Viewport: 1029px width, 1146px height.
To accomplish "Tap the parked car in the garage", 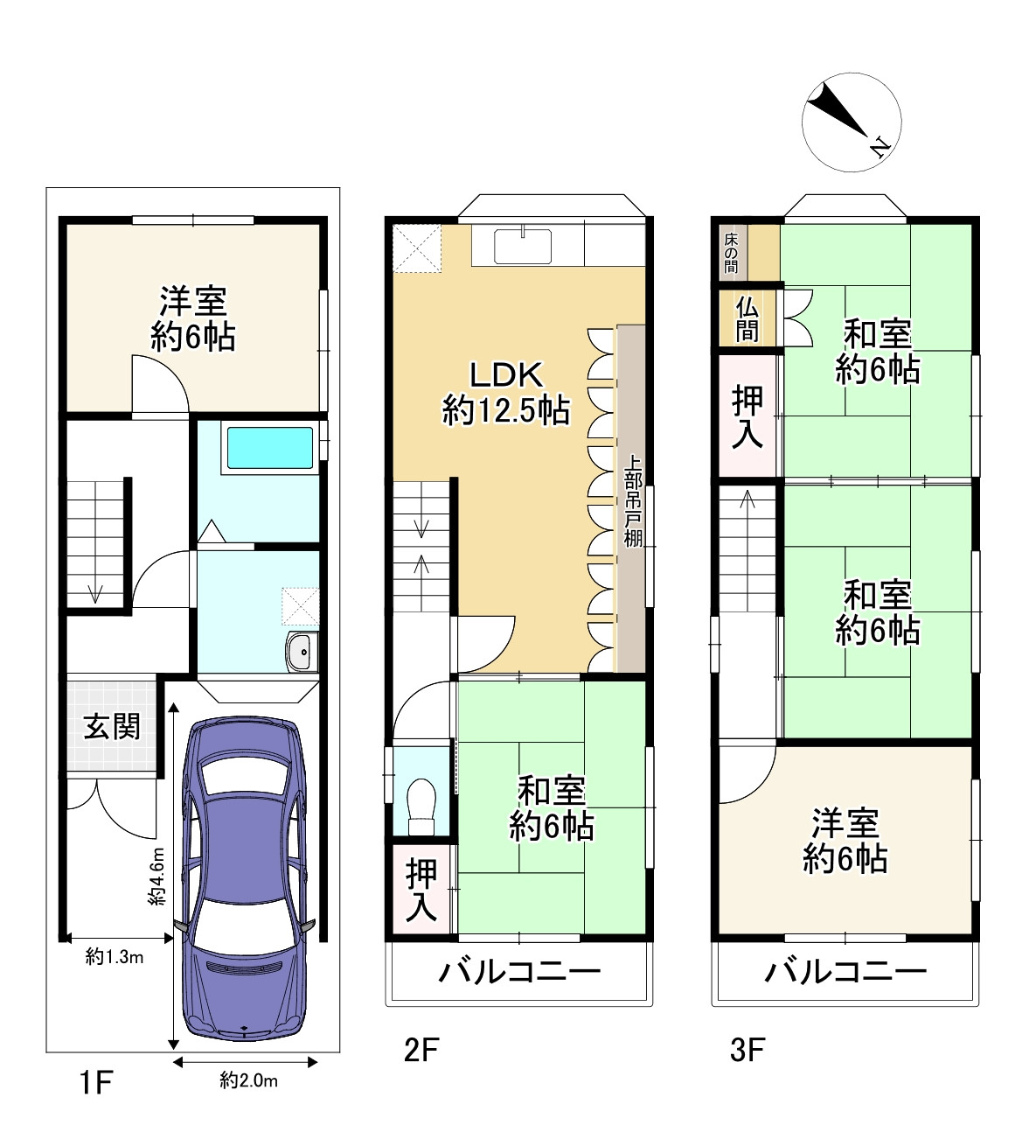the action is pyautogui.click(x=244, y=879).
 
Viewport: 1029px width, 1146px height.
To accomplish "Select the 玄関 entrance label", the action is pyautogui.click(x=112, y=727).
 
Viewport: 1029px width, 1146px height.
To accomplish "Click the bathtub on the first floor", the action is pyautogui.click(x=269, y=448).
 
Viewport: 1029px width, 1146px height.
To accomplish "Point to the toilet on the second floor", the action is pyautogui.click(x=421, y=806).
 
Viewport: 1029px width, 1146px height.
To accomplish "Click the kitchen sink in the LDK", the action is pyautogui.click(x=523, y=246).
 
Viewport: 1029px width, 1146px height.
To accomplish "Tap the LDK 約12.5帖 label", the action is pyautogui.click(x=506, y=392).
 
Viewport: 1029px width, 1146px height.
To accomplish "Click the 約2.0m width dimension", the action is pyautogui.click(x=249, y=1081).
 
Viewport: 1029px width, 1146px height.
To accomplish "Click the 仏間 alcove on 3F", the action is pyautogui.click(x=747, y=319).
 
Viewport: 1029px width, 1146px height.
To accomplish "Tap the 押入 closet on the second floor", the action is pyautogui.click(x=421, y=890).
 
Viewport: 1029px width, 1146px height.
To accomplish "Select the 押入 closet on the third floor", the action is pyautogui.click(x=747, y=417).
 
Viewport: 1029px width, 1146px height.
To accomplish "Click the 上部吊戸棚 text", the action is pyautogui.click(x=633, y=500).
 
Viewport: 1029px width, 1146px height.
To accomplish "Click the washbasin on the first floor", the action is pyautogui.click(x=302, y=652).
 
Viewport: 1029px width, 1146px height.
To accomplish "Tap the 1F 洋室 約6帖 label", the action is pyautogui.click(x=193, y=318).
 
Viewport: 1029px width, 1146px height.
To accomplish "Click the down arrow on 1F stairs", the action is pyautogui.click(x=95, y=593).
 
